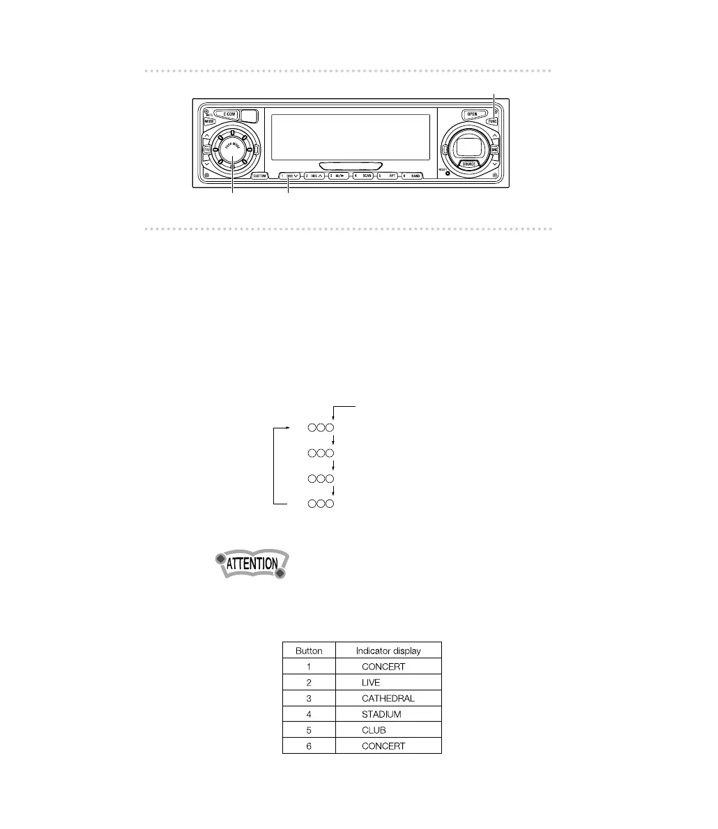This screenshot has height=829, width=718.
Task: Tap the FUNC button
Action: [x=493, y=121]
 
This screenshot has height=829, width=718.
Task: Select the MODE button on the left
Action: [x=209, y=121]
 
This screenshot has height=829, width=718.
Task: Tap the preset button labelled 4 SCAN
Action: [x=363, y=176]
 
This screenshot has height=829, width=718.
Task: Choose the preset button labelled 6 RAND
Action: [x=411, y=176]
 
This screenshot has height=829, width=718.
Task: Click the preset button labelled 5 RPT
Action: [x=388, y=176]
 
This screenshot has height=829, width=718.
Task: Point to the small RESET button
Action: [x=448, y=173]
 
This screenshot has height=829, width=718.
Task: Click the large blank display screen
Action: [x=349, y=137]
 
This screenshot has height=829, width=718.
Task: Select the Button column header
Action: [x=309, y=651]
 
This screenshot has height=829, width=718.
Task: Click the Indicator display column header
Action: [x=388, y=651]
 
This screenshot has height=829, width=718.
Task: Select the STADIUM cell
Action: [x=381, y=714]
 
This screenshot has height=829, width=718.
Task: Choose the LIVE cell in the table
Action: [x=371, y=683]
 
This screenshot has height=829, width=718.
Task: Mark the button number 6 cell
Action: [x=309, y=746]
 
